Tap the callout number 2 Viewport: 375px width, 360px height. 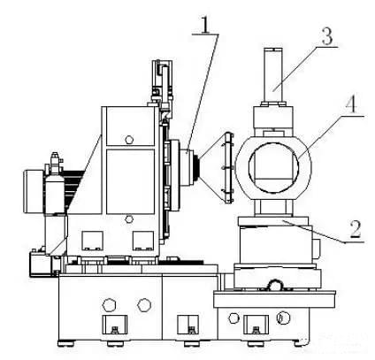click(356, 229)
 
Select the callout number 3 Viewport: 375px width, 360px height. click(326, 36)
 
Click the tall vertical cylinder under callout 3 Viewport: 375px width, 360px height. click(273, 75)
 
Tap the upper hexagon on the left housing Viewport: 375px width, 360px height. click(129, 139)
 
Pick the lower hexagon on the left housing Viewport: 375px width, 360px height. click(128, 219)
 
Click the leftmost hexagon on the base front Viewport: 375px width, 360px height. click(109, 304)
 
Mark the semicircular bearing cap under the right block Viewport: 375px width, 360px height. click(276, 285)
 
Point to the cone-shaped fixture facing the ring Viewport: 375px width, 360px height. click(216, 168)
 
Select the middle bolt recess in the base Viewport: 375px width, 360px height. click(187, 325)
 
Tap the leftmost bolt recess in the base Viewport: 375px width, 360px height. click(115, 325)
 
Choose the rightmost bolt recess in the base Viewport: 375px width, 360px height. click(256, 325)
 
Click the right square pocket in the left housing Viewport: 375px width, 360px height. click(143, 241)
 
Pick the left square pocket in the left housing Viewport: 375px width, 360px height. click(92, 241)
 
